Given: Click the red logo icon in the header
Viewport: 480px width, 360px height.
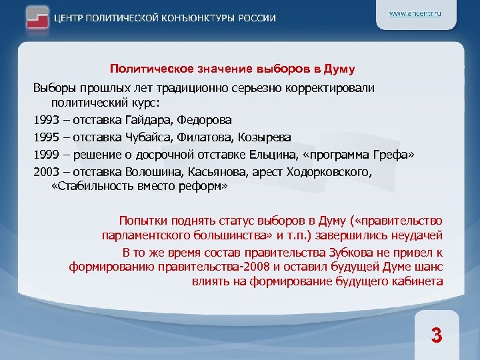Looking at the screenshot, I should point(39,17).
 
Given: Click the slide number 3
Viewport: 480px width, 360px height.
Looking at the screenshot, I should point(437,335).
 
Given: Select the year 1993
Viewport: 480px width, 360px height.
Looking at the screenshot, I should point(47,121).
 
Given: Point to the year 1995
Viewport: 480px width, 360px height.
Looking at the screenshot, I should point(47,137).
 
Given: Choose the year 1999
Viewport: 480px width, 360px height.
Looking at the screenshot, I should point(47,155).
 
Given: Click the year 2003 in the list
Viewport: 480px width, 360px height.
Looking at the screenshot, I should point(47,172).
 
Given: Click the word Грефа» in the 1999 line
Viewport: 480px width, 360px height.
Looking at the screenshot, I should point(395,155).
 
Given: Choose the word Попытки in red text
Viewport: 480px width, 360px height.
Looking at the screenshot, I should point(141,220).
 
